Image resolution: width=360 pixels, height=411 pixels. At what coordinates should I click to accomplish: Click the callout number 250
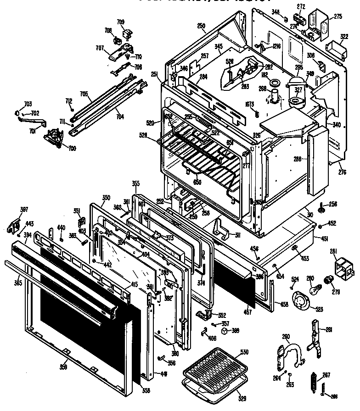click(201, 26)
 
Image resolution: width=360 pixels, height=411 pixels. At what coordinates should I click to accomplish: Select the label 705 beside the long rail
click(84, 94)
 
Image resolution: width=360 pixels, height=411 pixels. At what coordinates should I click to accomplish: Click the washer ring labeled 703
click(17, 112)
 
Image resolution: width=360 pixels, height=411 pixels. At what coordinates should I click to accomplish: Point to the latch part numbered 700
click(54, 136)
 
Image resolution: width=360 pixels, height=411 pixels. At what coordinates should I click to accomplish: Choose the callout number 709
click(120, 22)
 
